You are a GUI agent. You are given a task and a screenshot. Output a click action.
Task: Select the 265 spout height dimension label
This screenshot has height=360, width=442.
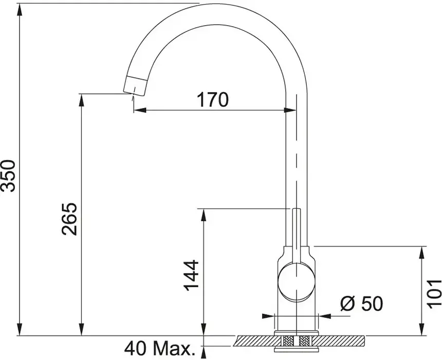tap(69, 219)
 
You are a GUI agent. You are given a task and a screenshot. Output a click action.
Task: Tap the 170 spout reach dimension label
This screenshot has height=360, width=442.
tap(213, 99)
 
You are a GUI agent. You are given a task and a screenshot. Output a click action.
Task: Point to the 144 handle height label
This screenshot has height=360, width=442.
tap(191, 275)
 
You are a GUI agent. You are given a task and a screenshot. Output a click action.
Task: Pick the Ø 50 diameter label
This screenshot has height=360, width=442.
tap(362, 303)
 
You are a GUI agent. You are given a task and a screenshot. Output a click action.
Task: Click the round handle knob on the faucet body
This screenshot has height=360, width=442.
tap(296, 281)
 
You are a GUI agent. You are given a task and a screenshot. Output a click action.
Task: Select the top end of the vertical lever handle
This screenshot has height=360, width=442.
tap(296, 209)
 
